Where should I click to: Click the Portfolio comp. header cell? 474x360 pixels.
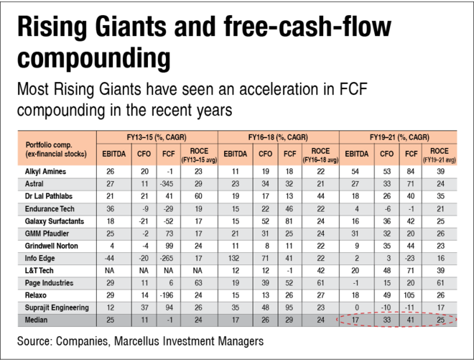click(44, 148)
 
